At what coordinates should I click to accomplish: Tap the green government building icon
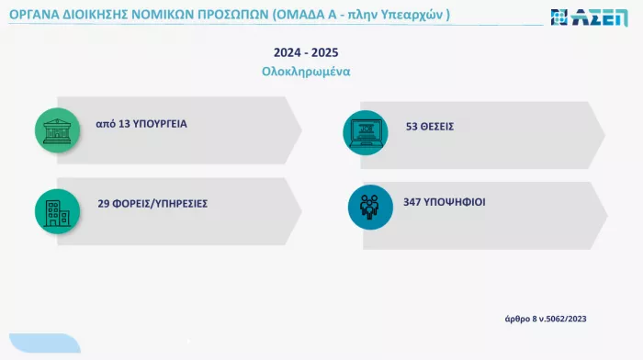pyautogui.click(x=57, y=128)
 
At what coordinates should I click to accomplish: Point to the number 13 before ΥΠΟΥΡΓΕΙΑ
pyautogui.click(x=125, y=122)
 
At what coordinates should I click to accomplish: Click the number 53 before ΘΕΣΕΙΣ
pyautogui.click(x=412, y=126)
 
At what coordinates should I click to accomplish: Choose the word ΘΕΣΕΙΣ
pyautogui.click(x=438, y=126)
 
